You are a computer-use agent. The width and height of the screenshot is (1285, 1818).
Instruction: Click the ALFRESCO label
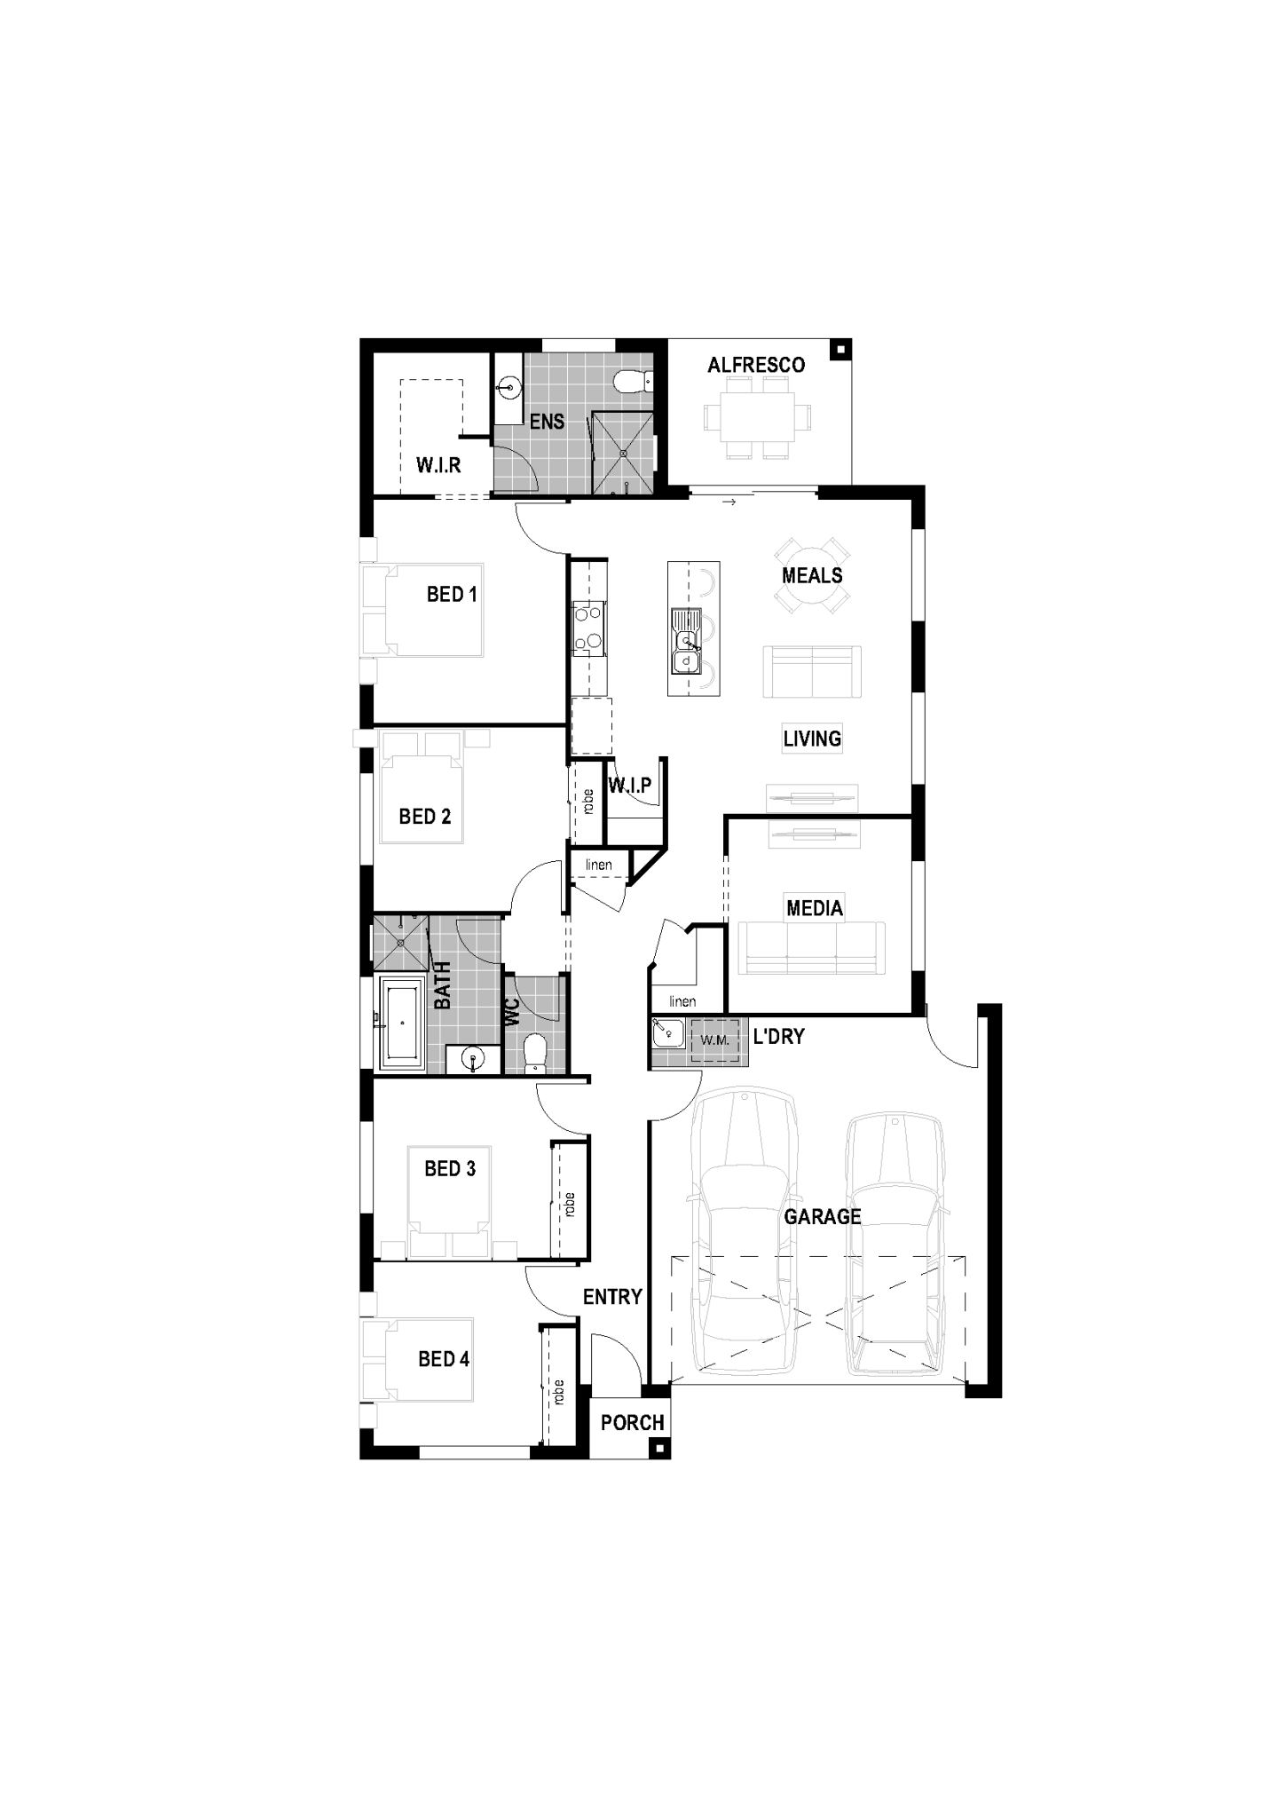[755, 365]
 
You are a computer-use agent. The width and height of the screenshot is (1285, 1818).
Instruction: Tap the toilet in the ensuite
[630, 381]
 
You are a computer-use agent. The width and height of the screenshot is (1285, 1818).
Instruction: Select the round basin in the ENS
[508, 387]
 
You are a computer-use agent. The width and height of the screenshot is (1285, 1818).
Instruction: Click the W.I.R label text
[438, 465]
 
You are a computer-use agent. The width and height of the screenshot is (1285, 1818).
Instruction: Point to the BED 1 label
[452, 594]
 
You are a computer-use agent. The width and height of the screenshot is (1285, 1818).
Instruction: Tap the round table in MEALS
[812, 575]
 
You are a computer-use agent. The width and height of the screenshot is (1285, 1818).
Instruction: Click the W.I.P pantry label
[630, 785]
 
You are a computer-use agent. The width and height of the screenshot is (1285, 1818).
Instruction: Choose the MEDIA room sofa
[811, 948]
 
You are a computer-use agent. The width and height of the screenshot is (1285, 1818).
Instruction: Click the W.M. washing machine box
[714, 1039]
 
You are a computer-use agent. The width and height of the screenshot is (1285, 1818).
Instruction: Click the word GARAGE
[822, 1217]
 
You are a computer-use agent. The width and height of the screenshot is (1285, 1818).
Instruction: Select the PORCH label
[632, 1423]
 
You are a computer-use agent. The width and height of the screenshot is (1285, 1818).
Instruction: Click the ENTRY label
[611, 1297]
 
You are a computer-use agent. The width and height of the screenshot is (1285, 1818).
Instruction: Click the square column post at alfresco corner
[839, 350]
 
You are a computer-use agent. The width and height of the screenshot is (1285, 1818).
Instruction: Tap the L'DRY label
[778, 1036]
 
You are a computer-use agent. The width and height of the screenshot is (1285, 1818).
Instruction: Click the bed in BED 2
[422, 790]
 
